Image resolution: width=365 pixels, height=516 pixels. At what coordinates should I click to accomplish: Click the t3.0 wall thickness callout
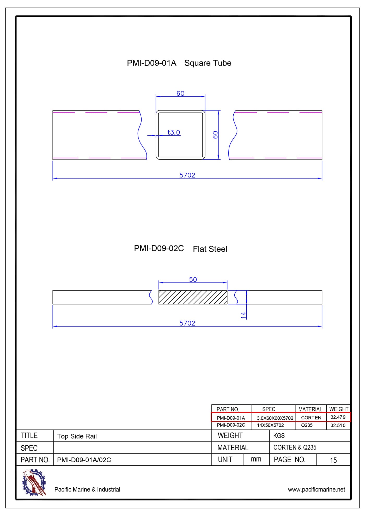(174, 132)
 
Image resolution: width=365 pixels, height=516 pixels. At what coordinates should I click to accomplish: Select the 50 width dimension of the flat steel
(193, 280)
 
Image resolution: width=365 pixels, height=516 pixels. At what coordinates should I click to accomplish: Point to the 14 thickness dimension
(243, 315)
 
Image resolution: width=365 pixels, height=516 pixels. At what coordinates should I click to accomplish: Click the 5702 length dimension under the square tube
(187, 175)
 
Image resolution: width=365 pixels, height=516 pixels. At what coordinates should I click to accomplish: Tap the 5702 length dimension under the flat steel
(187, 323)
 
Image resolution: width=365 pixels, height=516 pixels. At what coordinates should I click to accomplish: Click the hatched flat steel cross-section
(193, 297)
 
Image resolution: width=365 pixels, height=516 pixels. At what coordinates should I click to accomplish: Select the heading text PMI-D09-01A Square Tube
(179, 63)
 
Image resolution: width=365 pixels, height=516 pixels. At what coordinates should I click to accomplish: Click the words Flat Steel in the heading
(210, 249)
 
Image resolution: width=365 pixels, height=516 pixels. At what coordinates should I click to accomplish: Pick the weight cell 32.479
(338, 417)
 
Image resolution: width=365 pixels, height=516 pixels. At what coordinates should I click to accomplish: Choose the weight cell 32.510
(338, 425)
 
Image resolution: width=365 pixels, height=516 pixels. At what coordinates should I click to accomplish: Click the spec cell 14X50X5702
(270, 425)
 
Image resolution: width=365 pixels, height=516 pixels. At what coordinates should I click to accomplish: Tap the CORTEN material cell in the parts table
(311, 418)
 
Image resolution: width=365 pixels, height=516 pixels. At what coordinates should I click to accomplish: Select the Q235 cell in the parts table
(307, 425)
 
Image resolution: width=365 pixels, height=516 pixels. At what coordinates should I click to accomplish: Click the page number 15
(333, 460)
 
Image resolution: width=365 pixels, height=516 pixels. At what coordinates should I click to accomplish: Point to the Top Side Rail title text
(77, 436)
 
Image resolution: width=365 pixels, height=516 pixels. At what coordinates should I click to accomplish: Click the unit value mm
(256, 459)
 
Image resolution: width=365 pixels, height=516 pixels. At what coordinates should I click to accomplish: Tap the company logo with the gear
(34, 483)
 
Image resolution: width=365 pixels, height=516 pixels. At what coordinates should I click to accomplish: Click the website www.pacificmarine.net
(316, 490)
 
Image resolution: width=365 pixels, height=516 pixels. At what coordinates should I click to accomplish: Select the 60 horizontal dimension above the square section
(180, 93)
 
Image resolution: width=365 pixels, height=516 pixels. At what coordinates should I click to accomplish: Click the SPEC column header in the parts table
(269, 409)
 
